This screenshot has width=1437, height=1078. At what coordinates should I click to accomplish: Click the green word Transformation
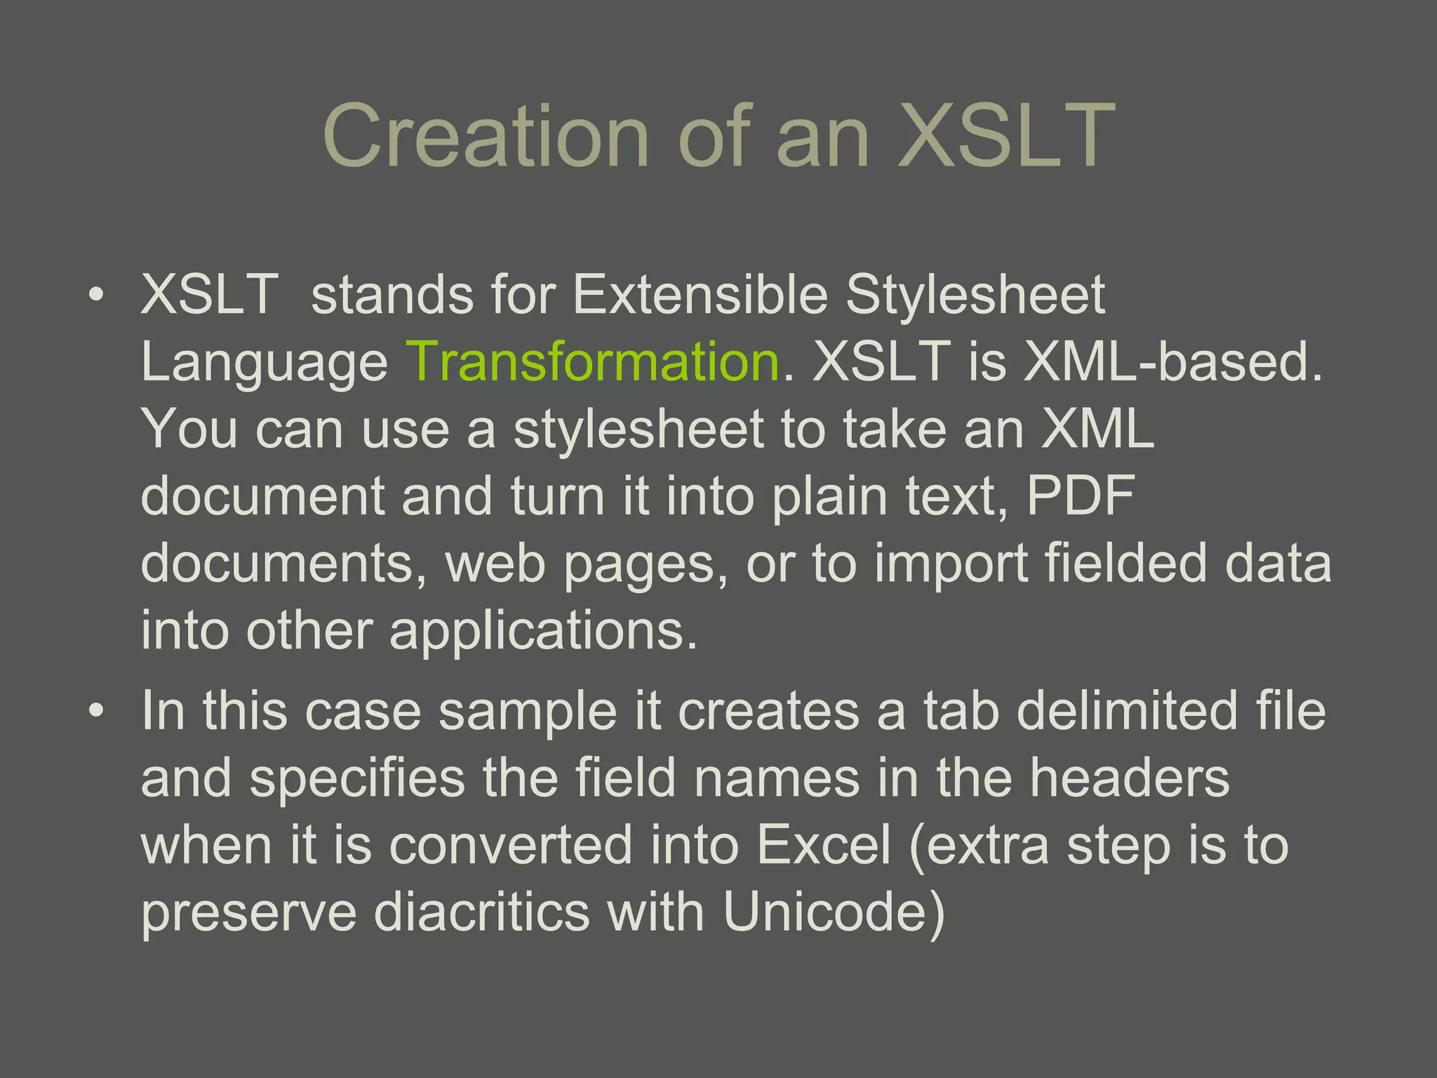(x=593, y=361)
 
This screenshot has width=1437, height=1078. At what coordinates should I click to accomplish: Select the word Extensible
(x=700, y=294)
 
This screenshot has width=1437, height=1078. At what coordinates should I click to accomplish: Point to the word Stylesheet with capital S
(x=975, y=294)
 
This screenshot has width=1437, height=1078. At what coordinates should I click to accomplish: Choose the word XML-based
(x=1172, y=361)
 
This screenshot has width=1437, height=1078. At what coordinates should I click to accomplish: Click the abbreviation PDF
(x=1081, y=496)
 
